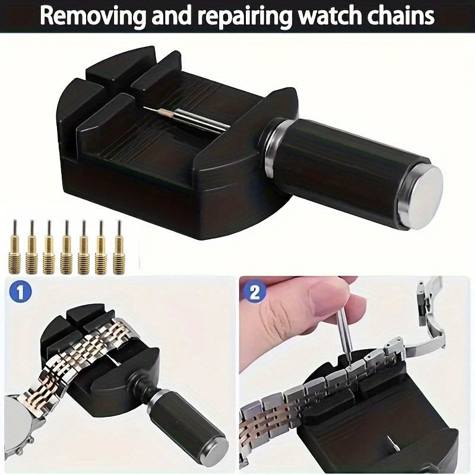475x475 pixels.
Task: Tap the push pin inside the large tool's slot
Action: point(184,119)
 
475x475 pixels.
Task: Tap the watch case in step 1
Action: point(18,420)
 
